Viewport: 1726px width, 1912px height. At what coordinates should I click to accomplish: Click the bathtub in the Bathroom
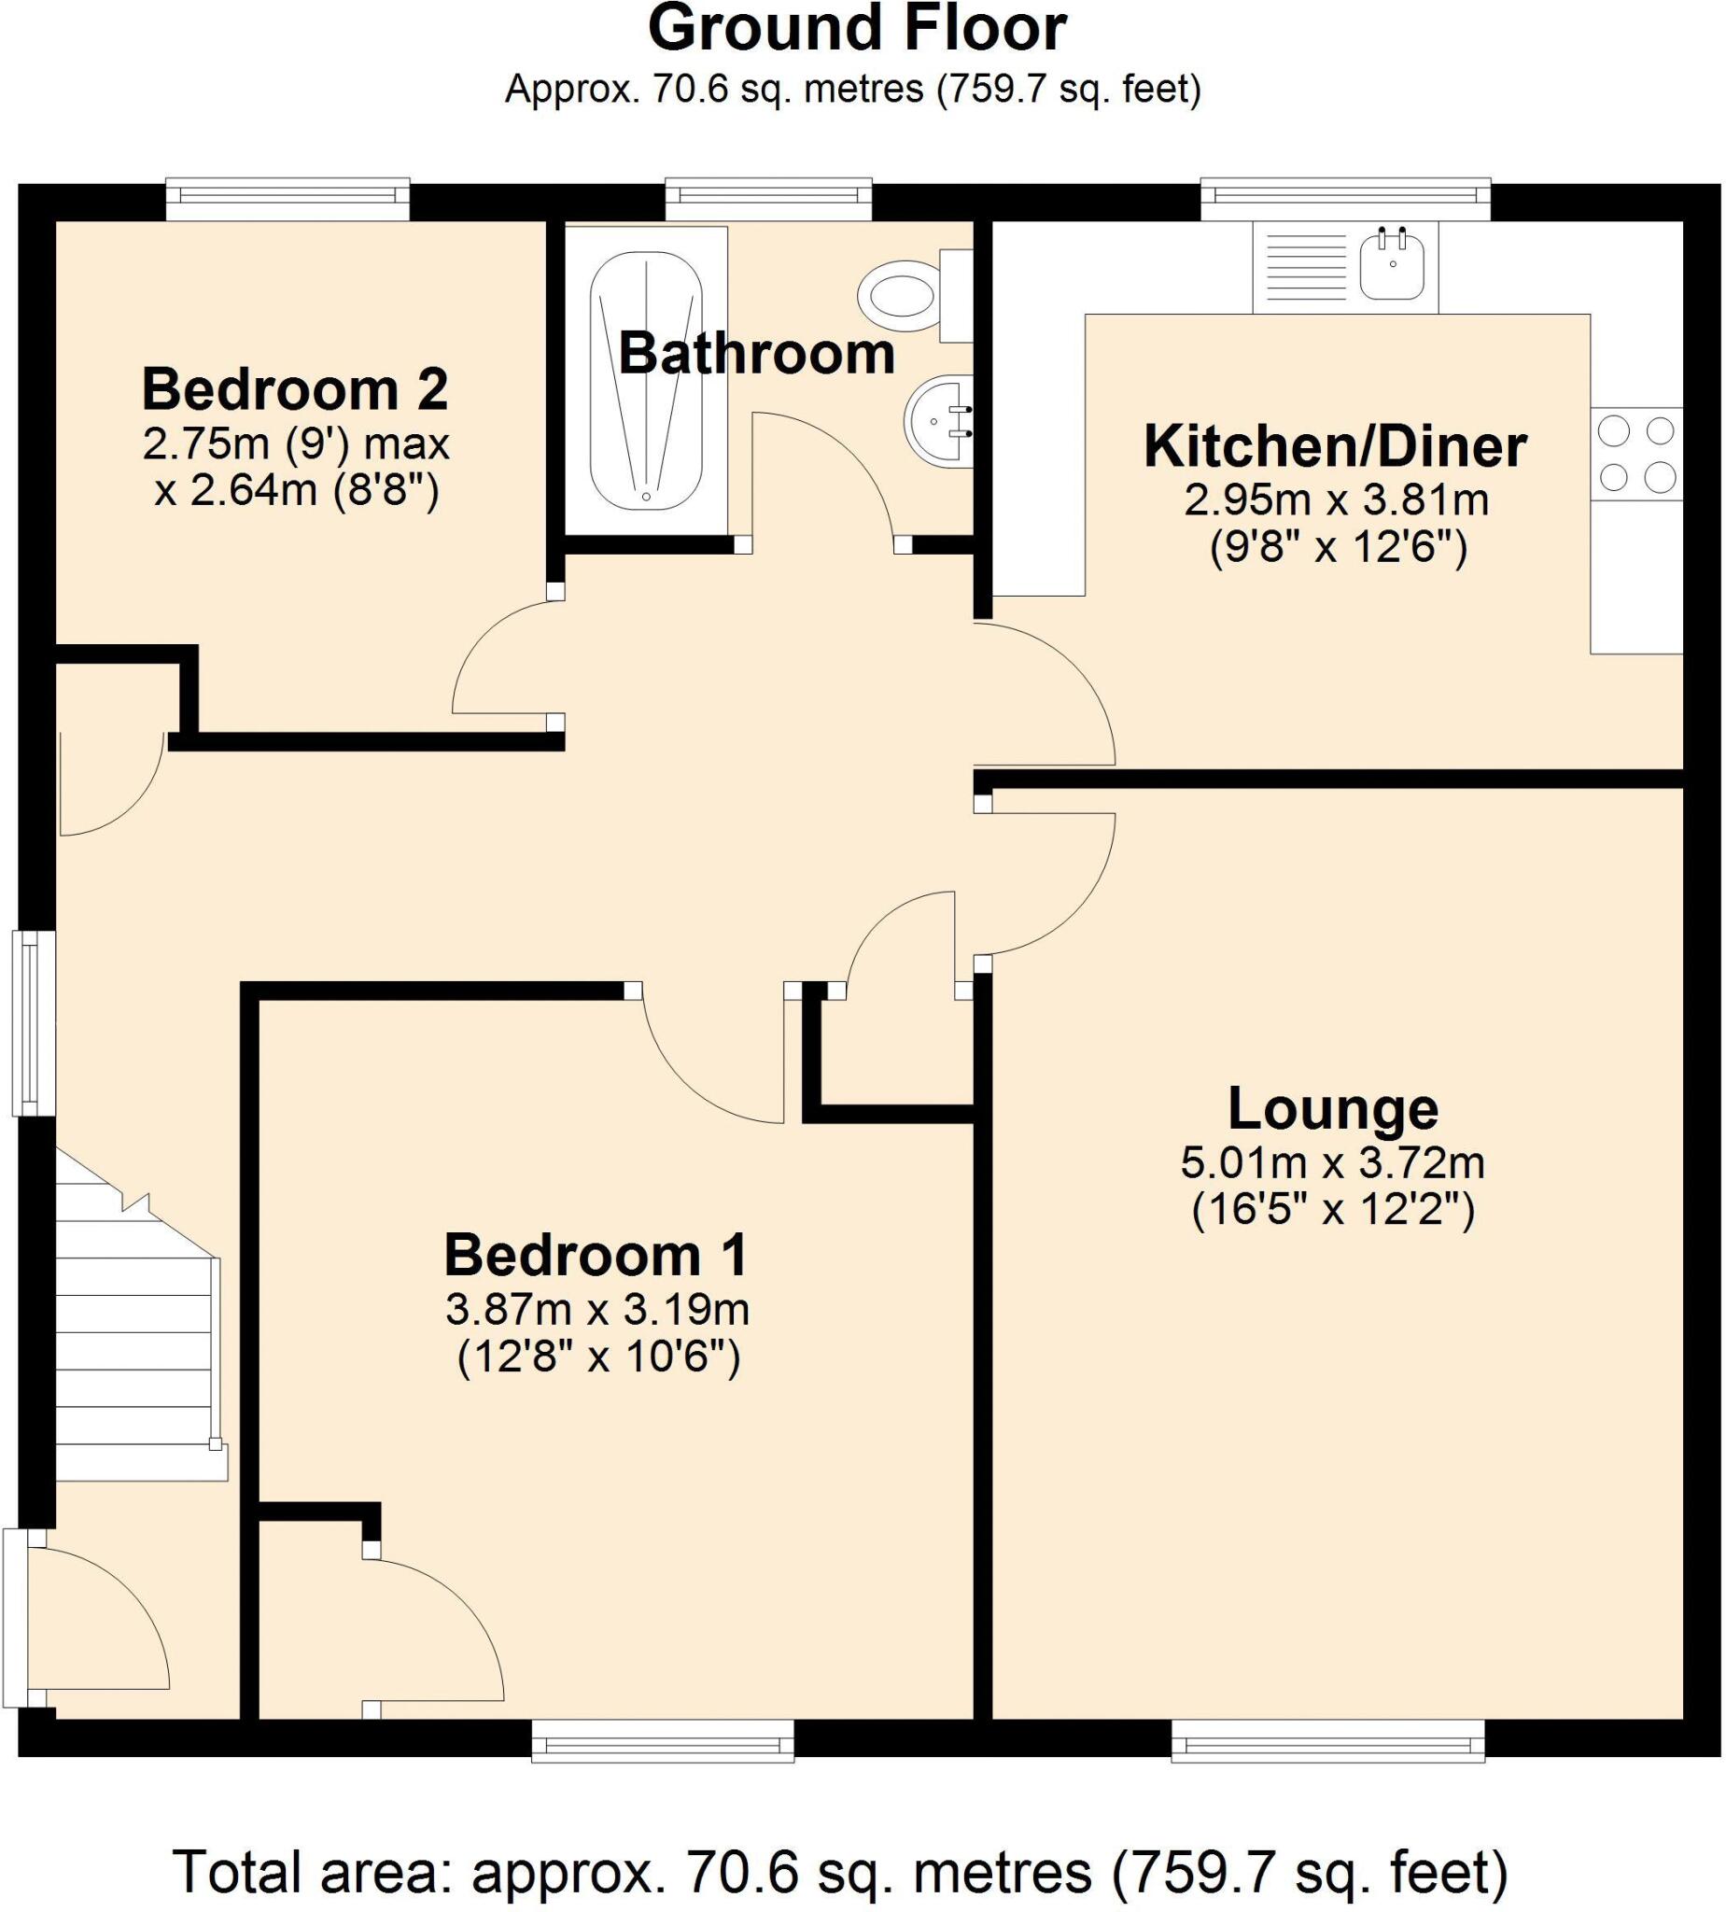pyautogui.click(x=646, y=380)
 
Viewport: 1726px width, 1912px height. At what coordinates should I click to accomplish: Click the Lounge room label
pyautogui.click(x=1332, y=1108)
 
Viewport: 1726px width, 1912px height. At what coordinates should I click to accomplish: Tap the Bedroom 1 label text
pyautogui.click(x=596, y=1255)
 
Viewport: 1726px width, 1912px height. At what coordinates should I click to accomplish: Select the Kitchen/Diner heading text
pyautogui.click(x=1334, y=445)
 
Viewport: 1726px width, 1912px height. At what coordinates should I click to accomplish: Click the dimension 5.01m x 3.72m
pyautogui.click(x=1332, y=1162)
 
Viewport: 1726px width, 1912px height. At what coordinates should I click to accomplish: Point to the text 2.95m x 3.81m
pyautogui.click(x=1335, y=499)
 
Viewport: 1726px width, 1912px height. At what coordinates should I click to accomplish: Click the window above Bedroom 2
pyautogui.click(x=288, y=198)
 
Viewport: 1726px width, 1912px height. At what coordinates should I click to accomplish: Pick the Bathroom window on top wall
pyautogui.click(x=768, y=198)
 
